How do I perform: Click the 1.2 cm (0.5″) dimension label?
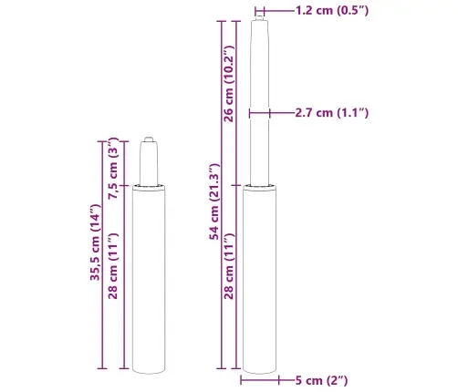332,11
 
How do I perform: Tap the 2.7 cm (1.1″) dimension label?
332,113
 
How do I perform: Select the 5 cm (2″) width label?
321,380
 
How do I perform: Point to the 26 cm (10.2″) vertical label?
229,84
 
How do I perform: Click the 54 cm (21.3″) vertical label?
214,201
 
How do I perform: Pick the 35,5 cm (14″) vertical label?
95,242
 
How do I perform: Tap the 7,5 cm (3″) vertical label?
113,168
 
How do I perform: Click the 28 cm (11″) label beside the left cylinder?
113,266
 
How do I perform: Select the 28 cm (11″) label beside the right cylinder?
229,266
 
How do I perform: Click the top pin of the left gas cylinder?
149,139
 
